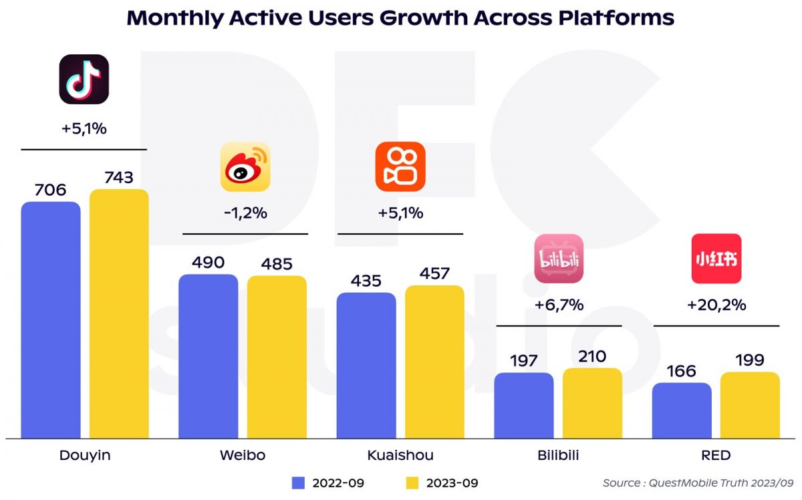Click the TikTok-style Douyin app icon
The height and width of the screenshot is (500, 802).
point(84,79)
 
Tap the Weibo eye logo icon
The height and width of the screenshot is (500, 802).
point(245,166)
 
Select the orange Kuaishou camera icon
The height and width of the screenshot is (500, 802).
point(400,166)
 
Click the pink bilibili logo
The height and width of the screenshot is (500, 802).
point(559,258)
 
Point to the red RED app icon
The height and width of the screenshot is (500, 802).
point(716,258)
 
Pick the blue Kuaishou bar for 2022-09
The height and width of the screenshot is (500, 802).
point(366,365)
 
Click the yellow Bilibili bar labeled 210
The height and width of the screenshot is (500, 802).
point(592,402)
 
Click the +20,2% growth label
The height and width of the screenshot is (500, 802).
point(716,305)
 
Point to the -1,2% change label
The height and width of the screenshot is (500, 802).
point(245,214)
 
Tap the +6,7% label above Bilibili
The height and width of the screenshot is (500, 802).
point(559,305)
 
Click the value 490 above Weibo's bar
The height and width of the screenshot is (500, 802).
point(208,262)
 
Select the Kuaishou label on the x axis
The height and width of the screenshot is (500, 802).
point(400,456)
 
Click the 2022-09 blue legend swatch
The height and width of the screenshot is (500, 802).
point(299,483)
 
